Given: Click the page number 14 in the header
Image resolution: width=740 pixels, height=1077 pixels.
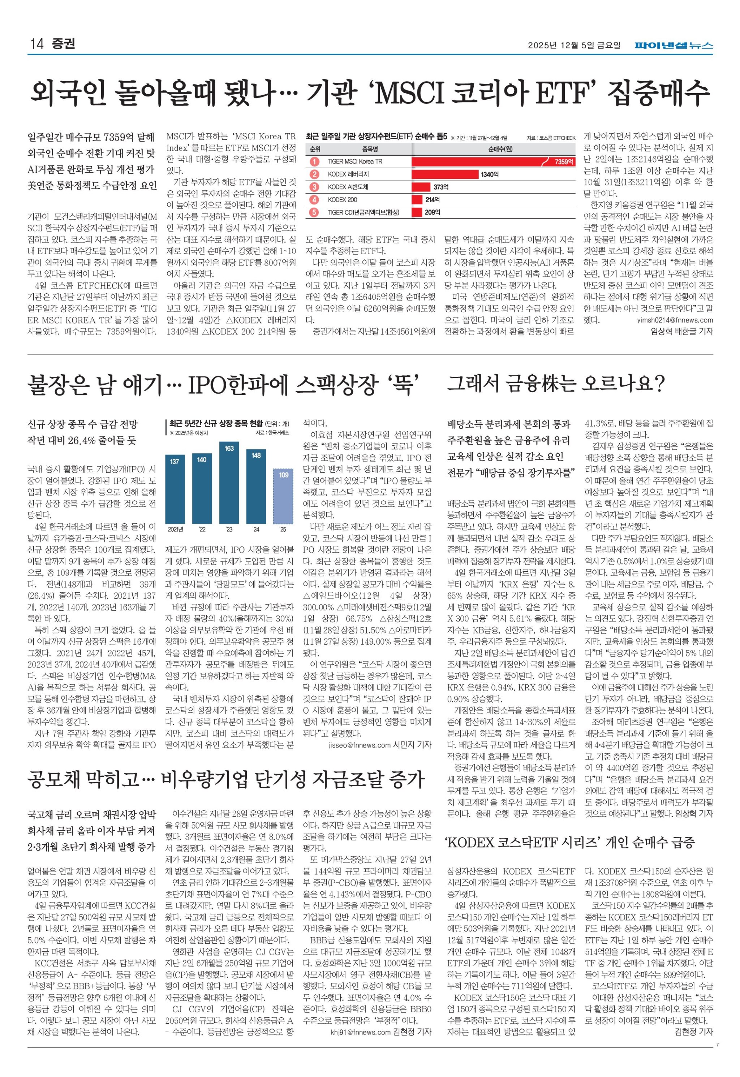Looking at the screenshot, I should tap(36, 44).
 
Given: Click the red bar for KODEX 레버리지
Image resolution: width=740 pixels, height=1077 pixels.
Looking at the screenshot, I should tap(445, 174).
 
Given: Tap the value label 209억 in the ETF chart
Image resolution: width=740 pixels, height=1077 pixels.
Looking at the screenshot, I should tap(432, 212).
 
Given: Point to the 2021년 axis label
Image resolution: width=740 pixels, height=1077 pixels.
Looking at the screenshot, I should tap(175, 529).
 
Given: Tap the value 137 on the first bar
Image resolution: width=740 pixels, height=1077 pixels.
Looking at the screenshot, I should tap(174, 462).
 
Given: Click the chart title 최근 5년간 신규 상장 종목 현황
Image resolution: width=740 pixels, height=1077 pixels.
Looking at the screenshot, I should tap(216, 423).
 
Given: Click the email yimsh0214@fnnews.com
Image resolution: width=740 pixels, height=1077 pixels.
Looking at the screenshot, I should tap(675, 320).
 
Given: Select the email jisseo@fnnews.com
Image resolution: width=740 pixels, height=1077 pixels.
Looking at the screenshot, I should tap(359, 745).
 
